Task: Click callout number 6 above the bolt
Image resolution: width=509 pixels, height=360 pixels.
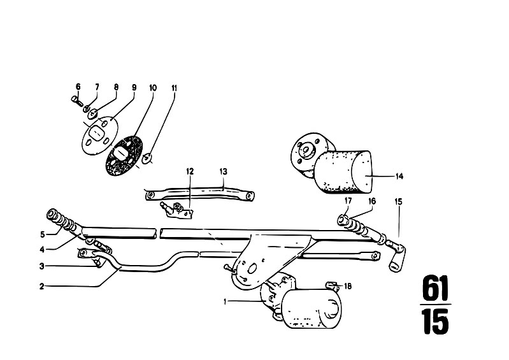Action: [78, 87]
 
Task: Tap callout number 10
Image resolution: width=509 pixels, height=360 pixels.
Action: [153, 88]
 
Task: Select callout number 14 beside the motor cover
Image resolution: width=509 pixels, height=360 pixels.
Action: [399, 176]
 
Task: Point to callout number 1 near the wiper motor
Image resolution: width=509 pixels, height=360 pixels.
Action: [225, 302]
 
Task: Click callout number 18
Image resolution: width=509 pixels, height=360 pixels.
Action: [348, 286]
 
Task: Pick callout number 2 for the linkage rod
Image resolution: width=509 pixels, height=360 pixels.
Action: [41, 286]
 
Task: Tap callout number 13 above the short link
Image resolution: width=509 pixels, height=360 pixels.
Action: [224, 171]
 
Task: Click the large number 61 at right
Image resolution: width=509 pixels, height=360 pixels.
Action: [435, 288]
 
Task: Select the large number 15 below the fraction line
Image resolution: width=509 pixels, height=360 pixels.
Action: [436, 321]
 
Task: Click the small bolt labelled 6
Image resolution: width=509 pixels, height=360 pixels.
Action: [77, 100]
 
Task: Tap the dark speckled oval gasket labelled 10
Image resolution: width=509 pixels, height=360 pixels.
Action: [124, 155]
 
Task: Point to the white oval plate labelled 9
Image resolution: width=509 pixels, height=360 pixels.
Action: [99, 135]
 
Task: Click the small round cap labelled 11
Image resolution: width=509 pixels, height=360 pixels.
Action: [147, 159]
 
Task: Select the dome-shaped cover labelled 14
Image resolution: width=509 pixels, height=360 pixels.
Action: [343, 172]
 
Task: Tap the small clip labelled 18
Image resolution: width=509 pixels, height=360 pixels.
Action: [331, 285]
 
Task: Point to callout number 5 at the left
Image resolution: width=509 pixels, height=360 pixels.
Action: [43, 234]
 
